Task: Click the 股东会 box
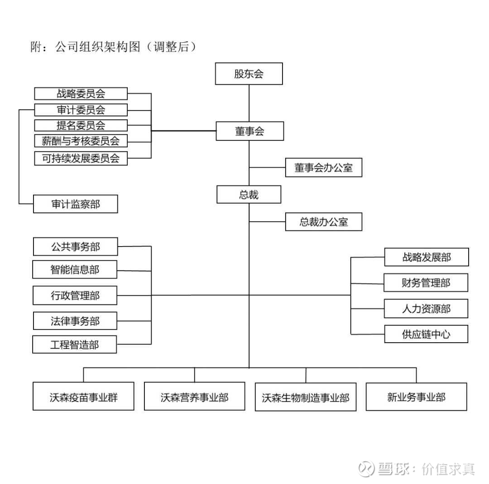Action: (249, 74)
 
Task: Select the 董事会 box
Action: (249, 131)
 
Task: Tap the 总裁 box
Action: (249, 195)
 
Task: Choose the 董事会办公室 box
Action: (323, 168)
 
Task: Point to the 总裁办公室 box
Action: (323, 222)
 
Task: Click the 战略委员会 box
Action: (81, 94)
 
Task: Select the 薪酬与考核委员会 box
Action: (81, 141)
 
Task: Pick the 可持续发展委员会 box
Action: (81, 159)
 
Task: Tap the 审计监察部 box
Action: (76, 204)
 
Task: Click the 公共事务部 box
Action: (75, 247)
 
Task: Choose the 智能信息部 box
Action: (75, 270)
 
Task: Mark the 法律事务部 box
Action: (75, 321)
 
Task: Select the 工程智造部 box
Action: (75, 345)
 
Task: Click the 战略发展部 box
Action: (426, 257)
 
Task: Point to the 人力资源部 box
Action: (426, 309)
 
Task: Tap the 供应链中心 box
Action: (426, 335)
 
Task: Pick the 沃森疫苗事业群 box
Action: (83, 397)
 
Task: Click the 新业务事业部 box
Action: (416, 397)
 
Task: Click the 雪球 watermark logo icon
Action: (367, 468)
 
